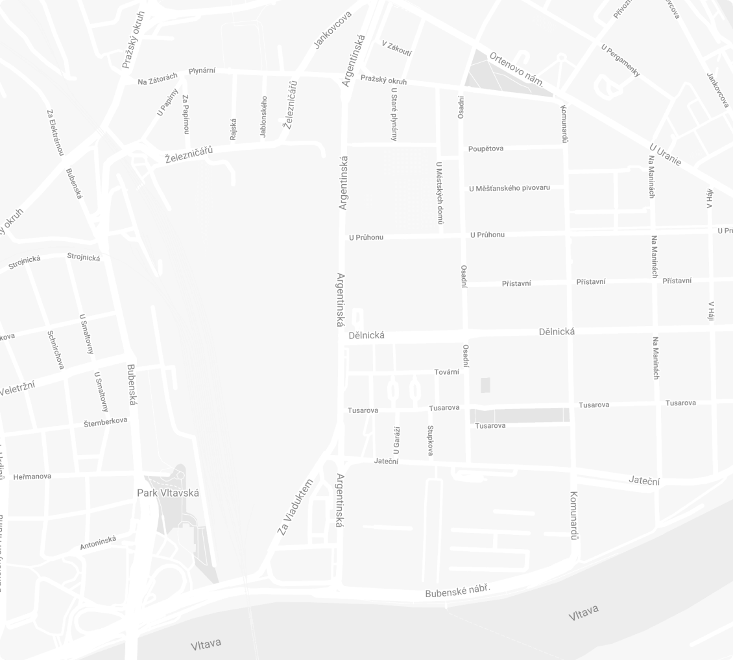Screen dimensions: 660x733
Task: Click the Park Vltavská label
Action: coord(168,493)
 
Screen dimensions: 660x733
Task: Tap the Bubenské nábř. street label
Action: coord(457,591)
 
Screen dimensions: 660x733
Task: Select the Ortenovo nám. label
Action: coord(516,69)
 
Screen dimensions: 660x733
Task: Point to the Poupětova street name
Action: coord(486,148)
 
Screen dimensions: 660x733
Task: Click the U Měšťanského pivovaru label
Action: coord(509,188)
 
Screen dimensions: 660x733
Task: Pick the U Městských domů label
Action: coord(440,193)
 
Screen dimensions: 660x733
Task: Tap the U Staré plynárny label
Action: coord(394,114)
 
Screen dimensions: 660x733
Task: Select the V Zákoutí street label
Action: coord(397,49)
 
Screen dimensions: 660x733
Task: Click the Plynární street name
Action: coord(202,71)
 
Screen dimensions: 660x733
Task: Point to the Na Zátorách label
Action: coord(157,80)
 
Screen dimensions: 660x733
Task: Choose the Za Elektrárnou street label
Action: coord(55,132)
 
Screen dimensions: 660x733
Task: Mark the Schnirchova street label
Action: coord(56,349)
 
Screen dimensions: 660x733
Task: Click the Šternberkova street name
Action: coord(106,422)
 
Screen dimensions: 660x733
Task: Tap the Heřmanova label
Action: coord(32,477)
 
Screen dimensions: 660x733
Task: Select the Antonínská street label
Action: coord(99,543)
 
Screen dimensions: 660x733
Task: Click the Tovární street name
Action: coord(446,372)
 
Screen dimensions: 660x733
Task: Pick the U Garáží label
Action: coord(396,440)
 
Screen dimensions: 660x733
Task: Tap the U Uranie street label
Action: coord(665,154)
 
